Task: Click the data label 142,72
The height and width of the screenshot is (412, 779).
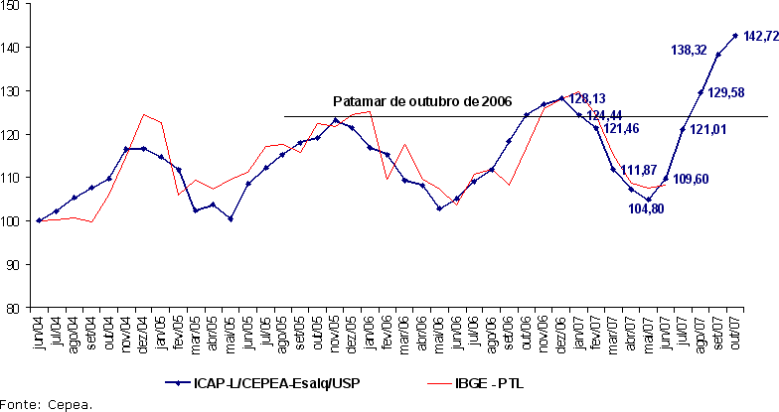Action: point(760,37)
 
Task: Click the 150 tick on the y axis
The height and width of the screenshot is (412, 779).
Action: point(12,5)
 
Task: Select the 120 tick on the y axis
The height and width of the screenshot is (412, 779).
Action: point(12,134)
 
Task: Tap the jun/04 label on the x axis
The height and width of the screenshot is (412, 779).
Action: point(40,330)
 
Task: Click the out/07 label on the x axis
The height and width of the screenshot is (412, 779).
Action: point(736,330)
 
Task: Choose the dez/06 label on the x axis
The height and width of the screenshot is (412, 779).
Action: point(562,330)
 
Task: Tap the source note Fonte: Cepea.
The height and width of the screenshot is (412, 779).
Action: point(47,403)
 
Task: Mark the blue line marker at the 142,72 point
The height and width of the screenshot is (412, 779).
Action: point(735,36)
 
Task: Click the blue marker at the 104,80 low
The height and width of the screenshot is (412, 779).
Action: point(648,200)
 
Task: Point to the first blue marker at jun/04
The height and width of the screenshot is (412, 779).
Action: point(39,220)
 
